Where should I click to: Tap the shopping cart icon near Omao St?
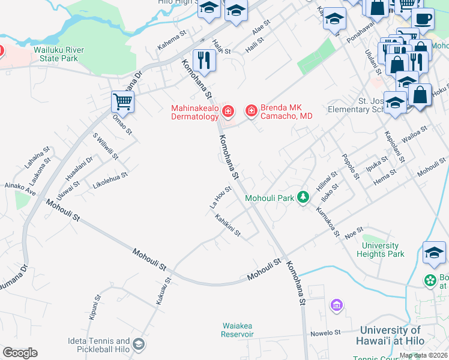coord(122,102)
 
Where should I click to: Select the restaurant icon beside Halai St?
coord(204,61)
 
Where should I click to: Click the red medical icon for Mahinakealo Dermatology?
coord(228,111)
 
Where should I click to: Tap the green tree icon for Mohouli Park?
coord(304,197)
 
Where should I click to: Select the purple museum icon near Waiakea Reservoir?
coord(337,306)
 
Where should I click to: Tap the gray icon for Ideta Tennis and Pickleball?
coord(139,344)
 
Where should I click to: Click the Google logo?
coord(20,353)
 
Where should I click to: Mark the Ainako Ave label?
coord(20,190)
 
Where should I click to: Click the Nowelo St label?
coord(325,332)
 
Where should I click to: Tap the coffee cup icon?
coord(423,18)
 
